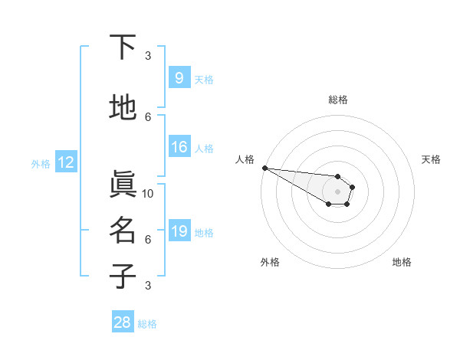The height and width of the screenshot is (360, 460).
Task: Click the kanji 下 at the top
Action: [123, 47]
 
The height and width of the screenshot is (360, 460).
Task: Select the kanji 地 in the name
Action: [123, 108]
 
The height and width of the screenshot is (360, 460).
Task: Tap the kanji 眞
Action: [123, 185]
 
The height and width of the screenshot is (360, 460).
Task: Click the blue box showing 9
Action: [179, 77]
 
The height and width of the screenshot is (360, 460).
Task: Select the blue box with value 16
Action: [179, 147]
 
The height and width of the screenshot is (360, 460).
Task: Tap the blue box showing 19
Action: [179, 231]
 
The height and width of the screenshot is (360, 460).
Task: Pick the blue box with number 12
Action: [65, 162]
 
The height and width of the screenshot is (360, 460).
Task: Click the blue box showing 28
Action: [123, 322]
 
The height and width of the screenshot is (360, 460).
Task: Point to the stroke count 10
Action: [148, 193]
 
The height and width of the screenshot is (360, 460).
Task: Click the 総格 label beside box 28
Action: [147, 324]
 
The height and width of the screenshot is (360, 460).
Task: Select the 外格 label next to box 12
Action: [41, 163]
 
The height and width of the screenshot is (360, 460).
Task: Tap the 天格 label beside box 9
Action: [203, 79]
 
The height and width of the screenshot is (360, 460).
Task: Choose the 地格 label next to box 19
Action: [205, 232]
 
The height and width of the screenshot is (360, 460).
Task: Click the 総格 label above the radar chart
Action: [337, 100]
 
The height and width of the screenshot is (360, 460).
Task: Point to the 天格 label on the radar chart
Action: [431, 159]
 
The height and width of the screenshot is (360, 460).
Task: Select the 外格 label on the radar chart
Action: [270, 262]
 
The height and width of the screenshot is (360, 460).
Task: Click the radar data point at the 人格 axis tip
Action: [264, 168]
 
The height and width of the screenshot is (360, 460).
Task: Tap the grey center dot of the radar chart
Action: [337, 191]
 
